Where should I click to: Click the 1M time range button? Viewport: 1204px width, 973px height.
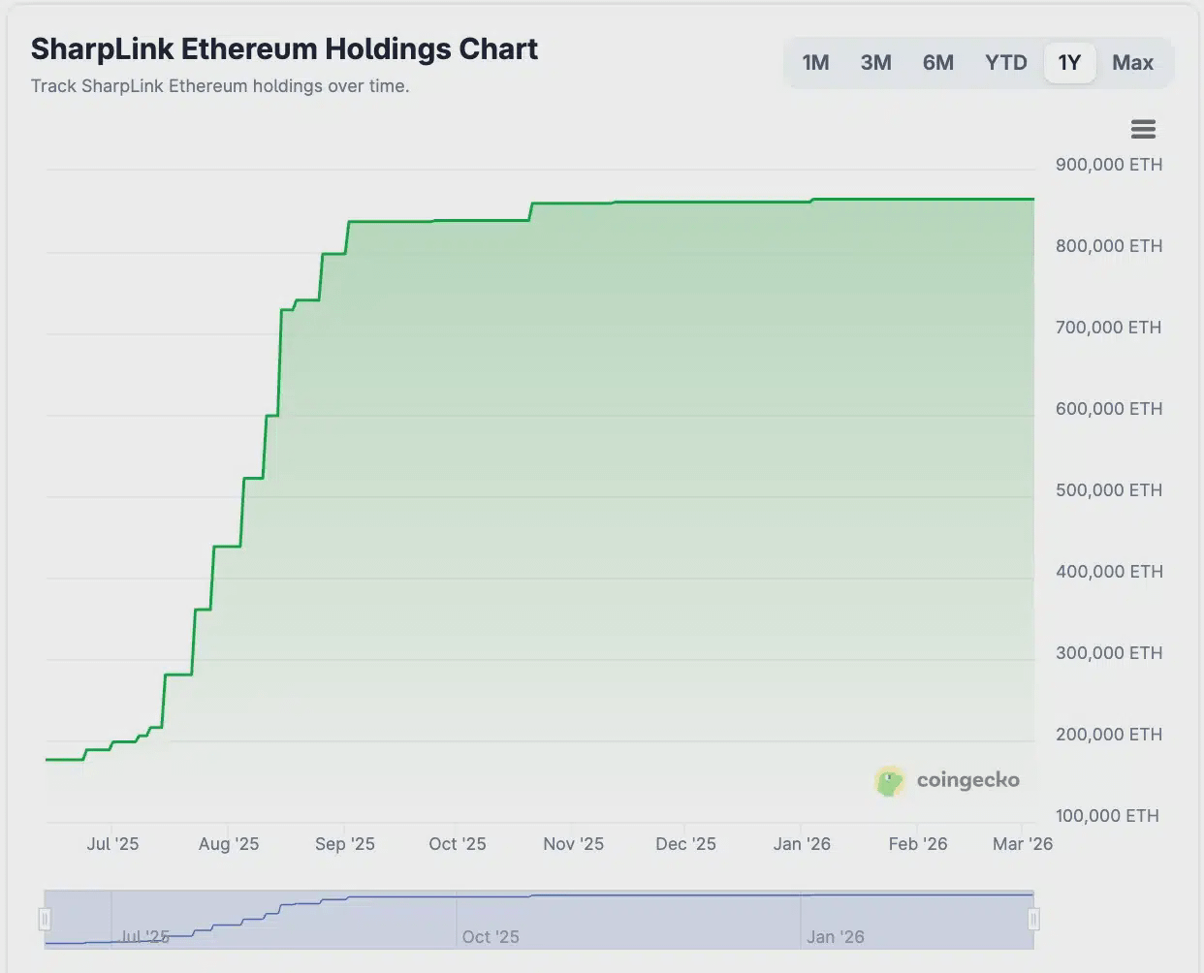tap(815, 63)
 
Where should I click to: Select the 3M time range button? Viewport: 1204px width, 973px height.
tap(875, 63)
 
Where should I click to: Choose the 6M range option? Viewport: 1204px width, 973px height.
tap(937, 63)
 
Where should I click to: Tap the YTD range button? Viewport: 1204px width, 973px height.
tap(1005, 63)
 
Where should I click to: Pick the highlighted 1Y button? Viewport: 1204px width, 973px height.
tap(1069, 63)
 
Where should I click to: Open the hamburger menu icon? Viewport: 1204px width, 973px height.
tap(1143, 129)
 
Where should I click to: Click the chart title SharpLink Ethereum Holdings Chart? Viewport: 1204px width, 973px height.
tap(284, 48)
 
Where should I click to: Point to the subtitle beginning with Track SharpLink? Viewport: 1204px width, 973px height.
tap(220, 86)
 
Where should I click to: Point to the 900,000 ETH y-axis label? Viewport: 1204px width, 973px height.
tap(1108, 165)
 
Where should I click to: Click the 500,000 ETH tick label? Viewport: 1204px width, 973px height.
tap(1108, 490)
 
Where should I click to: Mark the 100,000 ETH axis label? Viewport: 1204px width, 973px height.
tap(1107, 816)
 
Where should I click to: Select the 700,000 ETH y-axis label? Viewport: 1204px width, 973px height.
tap(1108, 328)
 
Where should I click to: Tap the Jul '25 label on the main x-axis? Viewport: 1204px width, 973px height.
tap(112, 844)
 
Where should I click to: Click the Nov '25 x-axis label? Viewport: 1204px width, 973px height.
tap(573, 844)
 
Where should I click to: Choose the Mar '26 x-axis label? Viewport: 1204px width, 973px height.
tap(1022, 844)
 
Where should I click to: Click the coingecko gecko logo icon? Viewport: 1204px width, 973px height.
tap(889, 781)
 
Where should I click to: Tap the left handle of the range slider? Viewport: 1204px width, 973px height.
tap(45, 918)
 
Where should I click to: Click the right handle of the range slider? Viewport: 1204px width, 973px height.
tap(1033, 918)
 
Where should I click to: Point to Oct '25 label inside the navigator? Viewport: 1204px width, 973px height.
tap(491, 937)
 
